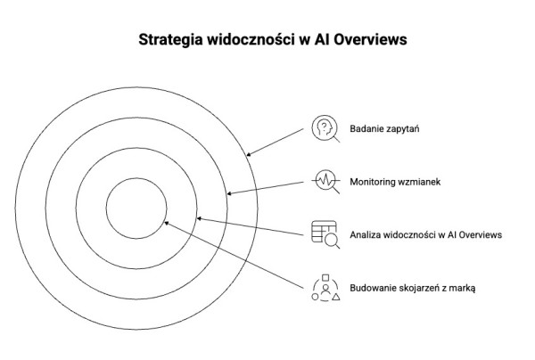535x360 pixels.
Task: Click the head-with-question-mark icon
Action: click(325, 128)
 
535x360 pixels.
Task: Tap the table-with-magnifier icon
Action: click(325, 233)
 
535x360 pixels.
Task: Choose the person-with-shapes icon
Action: click(325, 286)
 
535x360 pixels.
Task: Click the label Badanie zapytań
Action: click(385, 129)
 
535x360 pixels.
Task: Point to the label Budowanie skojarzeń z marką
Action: click(413, 287)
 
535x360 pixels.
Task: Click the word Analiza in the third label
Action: click(368, 234)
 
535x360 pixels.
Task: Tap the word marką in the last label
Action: click(462, 287)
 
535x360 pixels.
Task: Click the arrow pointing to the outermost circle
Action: click(276, 141)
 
